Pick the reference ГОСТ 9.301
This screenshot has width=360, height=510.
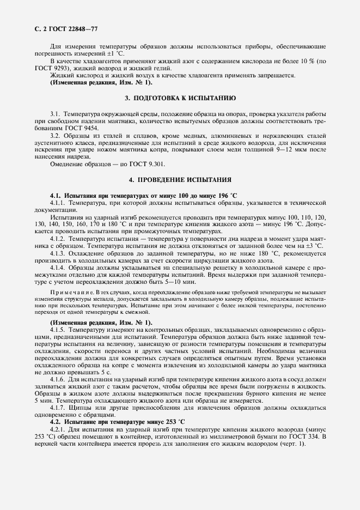(x=148, y=164)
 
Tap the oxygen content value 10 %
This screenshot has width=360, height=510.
(x=307, y=62)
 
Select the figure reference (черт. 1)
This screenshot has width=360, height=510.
(x=292, y=444)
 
